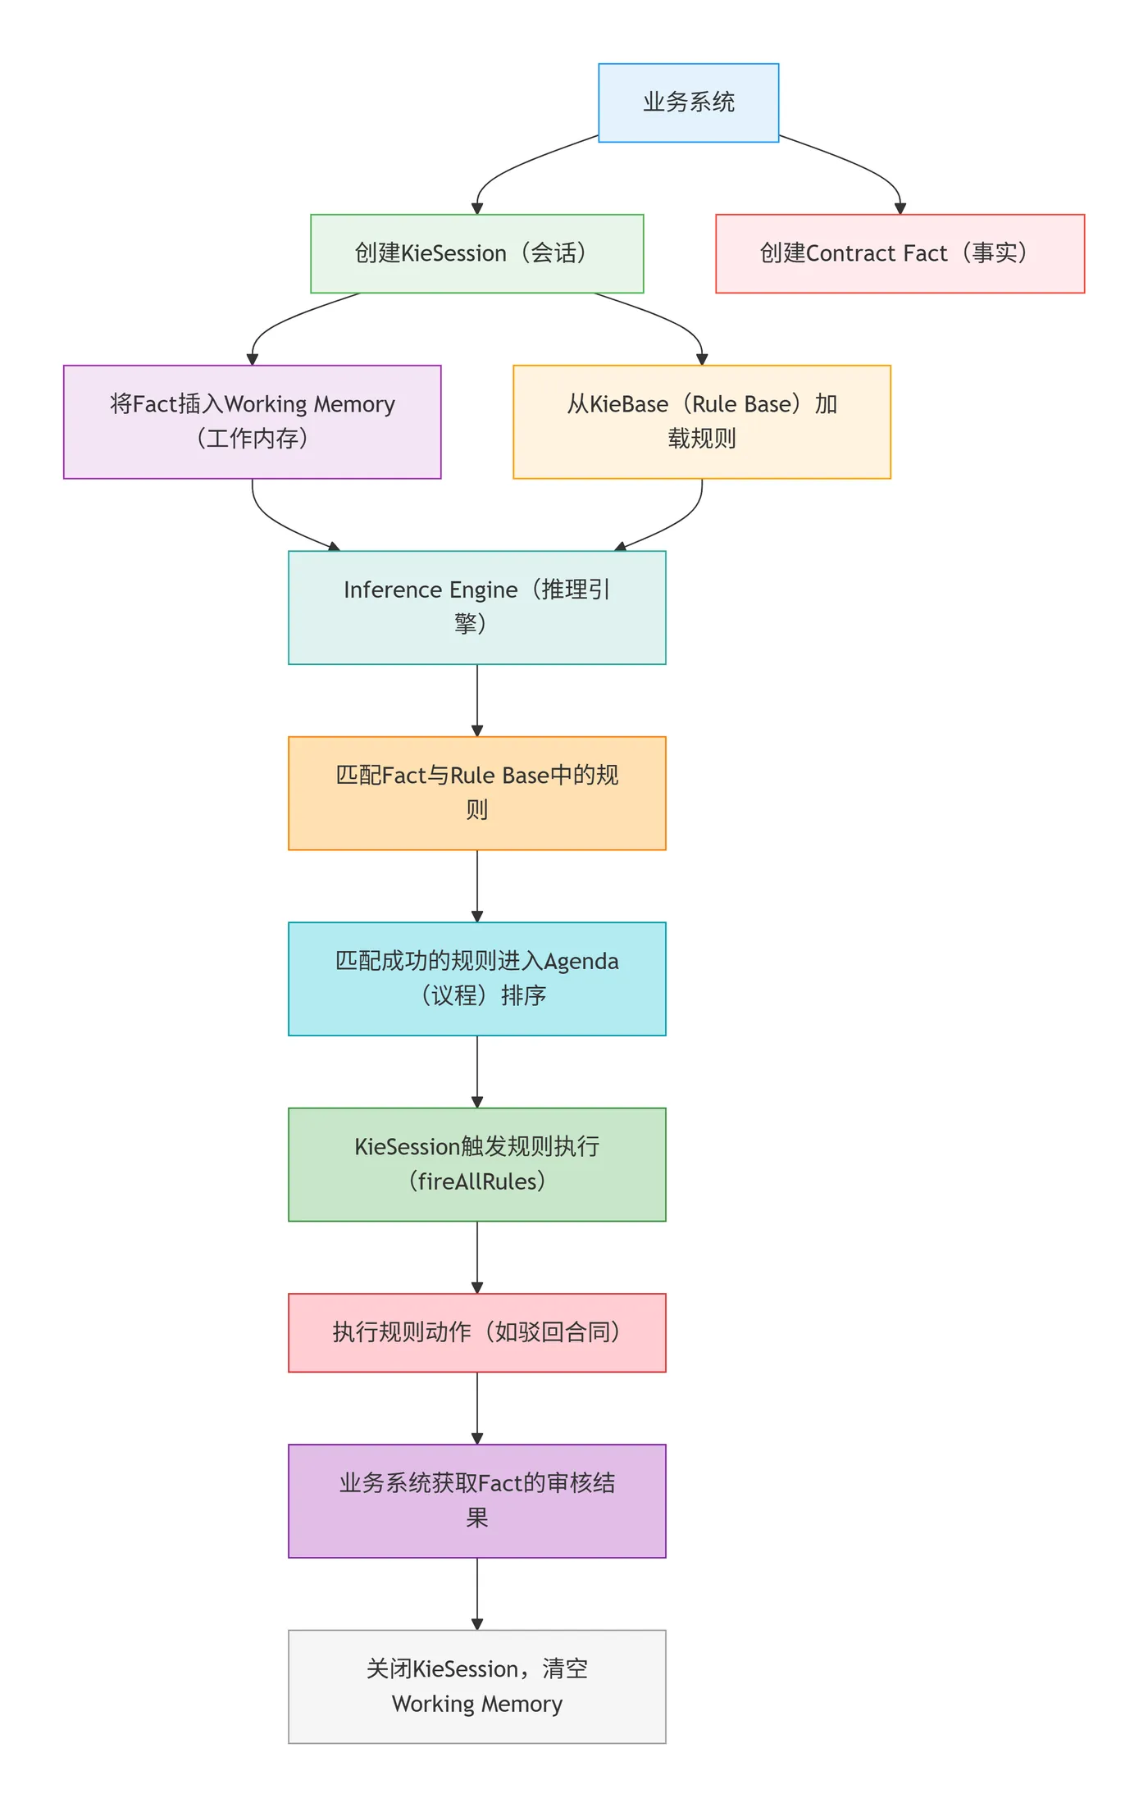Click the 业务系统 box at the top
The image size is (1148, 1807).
[688, 102]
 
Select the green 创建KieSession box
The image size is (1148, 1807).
[476, 253]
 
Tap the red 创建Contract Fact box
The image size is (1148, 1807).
[900, 253]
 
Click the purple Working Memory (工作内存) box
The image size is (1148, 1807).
[252, 421]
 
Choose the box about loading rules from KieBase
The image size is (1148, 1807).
[701, 421]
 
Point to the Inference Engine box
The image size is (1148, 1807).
[476, 607]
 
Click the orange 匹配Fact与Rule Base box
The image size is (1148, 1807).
[476, 793]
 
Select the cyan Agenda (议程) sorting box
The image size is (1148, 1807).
[476, 978]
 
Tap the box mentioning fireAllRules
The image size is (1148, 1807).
[476, 1164]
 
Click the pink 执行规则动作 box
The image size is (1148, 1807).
[476, 1332]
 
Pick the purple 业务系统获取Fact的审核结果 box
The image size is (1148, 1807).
[476, 1500]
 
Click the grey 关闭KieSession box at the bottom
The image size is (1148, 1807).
[476, 1686]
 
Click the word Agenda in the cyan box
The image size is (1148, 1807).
[581, 961]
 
